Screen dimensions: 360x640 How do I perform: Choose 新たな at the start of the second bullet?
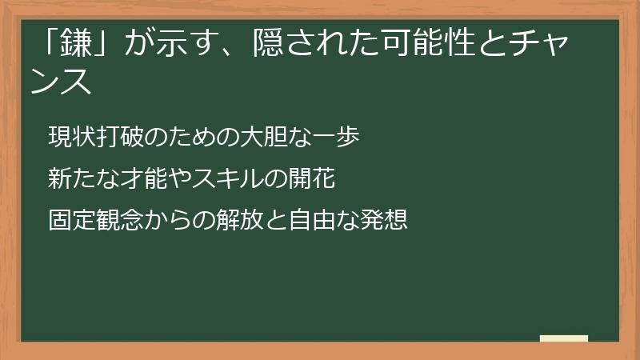pyautogui.click(x=79, y=178)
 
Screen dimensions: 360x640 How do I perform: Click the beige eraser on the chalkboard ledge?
pyautogui.click(x=564, y=338)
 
